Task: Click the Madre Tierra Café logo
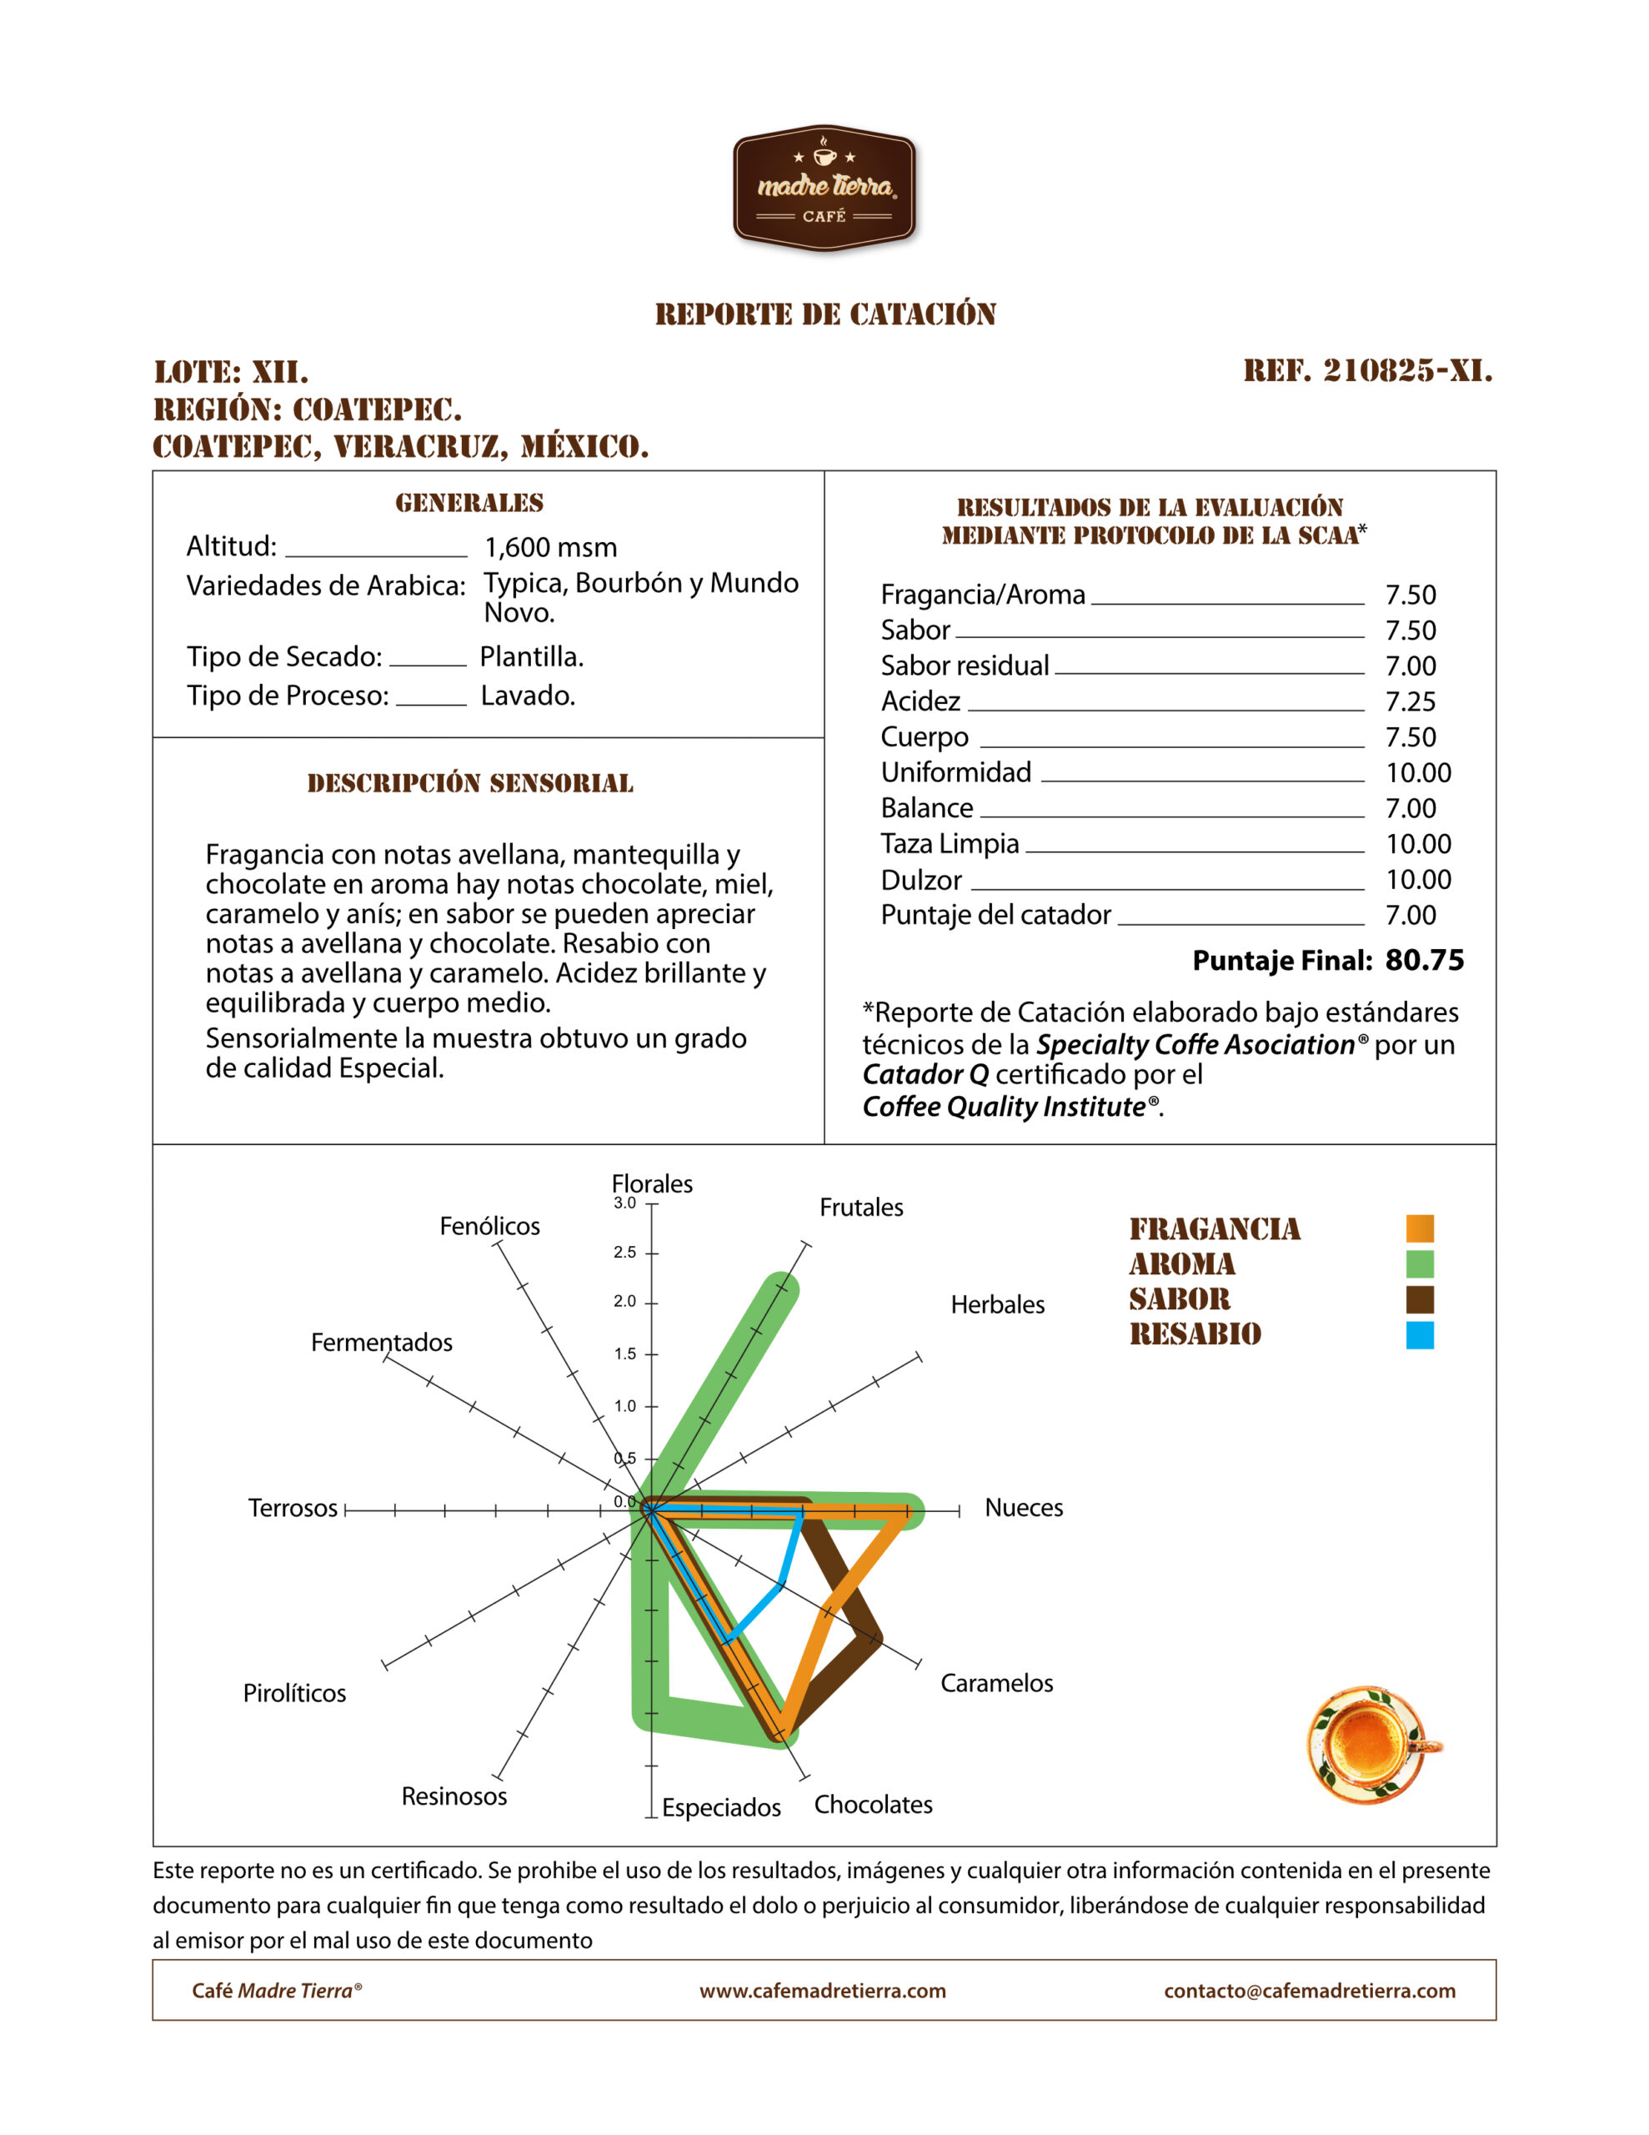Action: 824,188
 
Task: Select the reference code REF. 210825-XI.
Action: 1367,370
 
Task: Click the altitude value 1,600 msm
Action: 550,547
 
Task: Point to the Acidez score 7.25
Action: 1411,702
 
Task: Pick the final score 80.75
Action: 1424,960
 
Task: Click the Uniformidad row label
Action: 955,772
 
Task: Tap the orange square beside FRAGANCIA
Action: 1419,1228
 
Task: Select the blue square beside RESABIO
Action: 1419,1335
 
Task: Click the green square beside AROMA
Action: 1419,1264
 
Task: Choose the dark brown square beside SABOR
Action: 1419,1300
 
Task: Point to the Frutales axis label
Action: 861,1208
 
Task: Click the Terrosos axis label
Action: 293,1509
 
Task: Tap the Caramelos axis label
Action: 996,1683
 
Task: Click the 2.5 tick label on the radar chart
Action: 624,1253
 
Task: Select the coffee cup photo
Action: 1371,1745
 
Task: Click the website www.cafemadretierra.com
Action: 822,1992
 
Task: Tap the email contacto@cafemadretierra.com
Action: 1309,1992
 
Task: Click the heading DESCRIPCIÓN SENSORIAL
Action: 470,783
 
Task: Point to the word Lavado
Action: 528,696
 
